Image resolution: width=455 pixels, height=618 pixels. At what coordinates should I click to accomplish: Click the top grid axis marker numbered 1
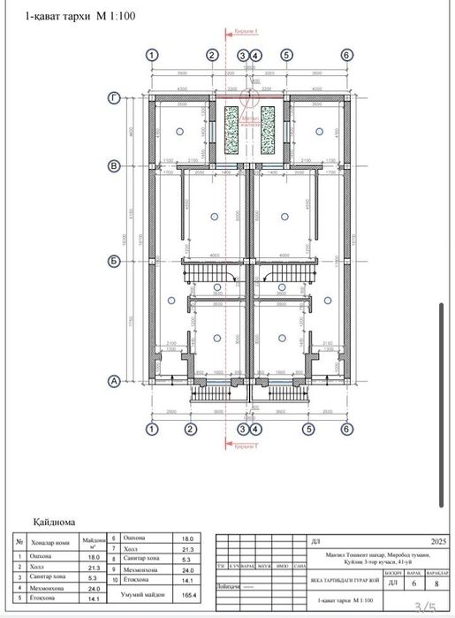point(153,55)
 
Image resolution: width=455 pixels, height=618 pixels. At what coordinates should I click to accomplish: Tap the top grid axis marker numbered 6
point(347,55)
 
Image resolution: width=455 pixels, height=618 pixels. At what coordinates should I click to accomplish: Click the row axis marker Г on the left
point(114,99)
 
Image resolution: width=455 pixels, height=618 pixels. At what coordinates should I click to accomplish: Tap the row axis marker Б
point(114,261)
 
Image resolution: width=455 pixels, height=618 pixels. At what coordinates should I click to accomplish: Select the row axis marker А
point(114,381)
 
